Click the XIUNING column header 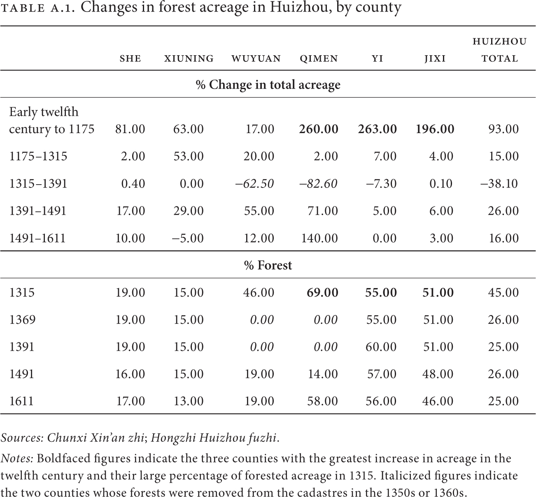[189, 59]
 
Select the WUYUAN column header [256, 59]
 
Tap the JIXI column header [435, 59]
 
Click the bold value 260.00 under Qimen [319, 129]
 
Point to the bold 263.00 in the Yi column [378, 129]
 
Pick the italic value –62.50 [254, 184]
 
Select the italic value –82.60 [318, 184]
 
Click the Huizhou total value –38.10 [499, 184]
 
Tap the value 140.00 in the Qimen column [319, 238]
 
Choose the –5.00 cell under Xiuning [188, 238]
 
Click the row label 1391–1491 [38, 211]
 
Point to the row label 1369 [22, 320]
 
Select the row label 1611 [21, 401]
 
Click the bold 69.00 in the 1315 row [322, 293]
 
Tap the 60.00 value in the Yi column [381, 347]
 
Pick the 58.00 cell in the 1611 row [322, 401]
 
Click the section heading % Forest [268, 265]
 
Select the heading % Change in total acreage [268, 85]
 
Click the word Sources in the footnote [22, 438]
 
